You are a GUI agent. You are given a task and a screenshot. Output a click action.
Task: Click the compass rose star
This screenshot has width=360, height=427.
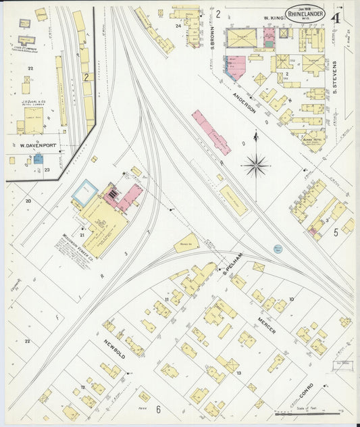click(257, 164)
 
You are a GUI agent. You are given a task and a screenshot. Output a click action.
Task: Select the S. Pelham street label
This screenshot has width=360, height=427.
click(232, 269)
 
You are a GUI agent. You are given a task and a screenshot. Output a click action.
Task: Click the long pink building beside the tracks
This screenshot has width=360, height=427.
click(211, 132)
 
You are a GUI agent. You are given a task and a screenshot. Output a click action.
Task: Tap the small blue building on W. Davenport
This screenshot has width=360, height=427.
click(38, 159)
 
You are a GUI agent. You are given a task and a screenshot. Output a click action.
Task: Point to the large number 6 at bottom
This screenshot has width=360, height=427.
click(157, 409)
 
